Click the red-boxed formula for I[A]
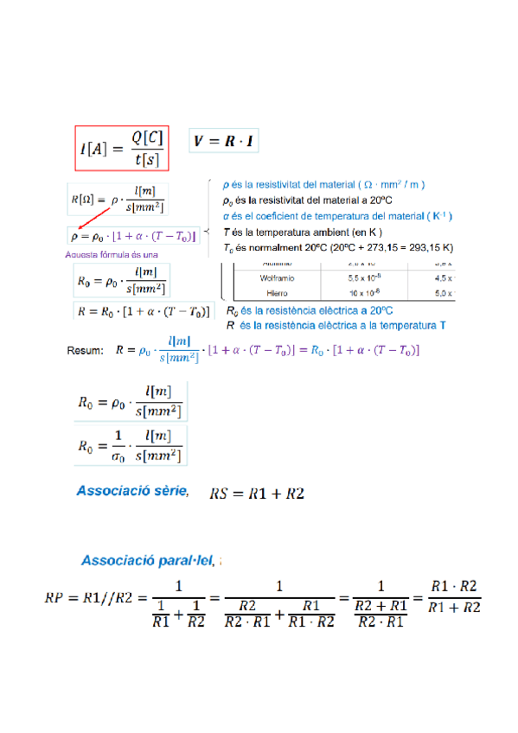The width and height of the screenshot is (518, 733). pos(121,148)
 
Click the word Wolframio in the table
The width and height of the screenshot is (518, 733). pos(278,277)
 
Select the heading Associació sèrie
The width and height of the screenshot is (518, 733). pos(132,491)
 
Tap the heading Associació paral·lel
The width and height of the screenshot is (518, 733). pos(147,560)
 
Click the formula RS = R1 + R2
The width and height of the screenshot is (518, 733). pos(257,494)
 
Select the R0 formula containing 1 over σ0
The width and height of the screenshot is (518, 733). pos(131,446)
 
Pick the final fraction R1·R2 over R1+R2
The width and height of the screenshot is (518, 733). pos(455,596)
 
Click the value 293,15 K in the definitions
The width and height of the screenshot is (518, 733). pos(429,248)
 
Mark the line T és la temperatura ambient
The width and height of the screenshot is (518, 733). pos(303,232)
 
